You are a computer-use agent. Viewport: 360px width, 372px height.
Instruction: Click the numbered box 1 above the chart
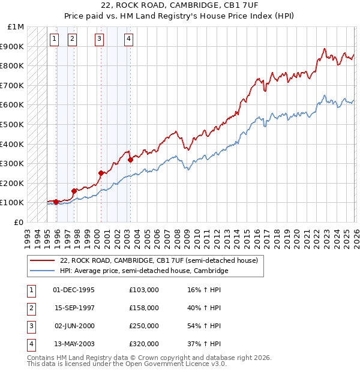(x=54, y=39)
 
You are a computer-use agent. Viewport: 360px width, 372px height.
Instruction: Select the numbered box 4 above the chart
(x=128, y=39)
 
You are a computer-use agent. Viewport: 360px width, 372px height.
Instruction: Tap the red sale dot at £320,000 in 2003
(x=130, y=160)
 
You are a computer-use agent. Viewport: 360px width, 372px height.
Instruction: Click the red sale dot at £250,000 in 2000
(x=101, y=173)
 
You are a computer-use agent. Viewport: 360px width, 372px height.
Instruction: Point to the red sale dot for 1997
(x=74, y=191)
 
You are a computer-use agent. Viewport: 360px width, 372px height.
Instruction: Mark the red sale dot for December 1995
(x=56, y=202)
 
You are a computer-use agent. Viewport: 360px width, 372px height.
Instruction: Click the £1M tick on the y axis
(x=16, y=27)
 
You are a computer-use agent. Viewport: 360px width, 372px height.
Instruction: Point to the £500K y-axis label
(x=13, y=124)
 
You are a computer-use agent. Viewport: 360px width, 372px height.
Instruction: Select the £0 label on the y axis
(x=19, y=222)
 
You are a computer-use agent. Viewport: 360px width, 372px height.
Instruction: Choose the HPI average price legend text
(x=145, y=271)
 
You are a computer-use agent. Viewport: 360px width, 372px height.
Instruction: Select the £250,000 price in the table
(x=143, y=326)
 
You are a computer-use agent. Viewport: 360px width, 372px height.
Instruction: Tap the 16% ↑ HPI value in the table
(x=204, y=290)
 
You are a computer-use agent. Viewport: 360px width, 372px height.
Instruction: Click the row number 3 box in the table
(x=30, y=326)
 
